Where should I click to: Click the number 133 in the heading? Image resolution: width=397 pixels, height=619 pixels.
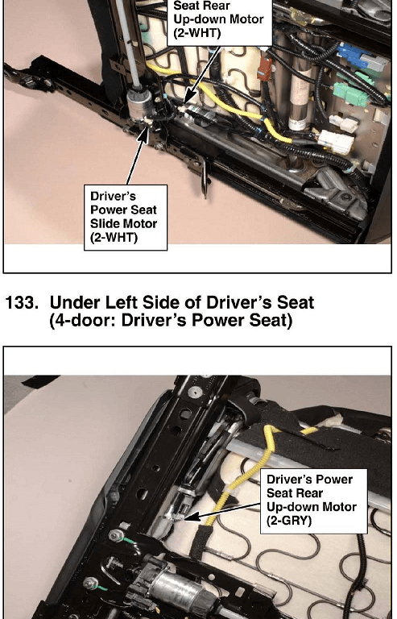click(x=23, y=303)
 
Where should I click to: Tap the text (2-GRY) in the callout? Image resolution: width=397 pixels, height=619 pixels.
click(x=289, y=521)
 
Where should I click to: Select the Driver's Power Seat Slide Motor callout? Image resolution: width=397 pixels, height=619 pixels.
click(x=126, y=218)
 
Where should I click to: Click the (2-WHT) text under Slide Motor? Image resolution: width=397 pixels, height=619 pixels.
click(x=114, y=238)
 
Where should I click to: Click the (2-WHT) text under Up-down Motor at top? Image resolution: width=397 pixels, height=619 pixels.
click(x=196, y=33)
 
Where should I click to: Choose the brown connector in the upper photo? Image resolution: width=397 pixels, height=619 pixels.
click(x=264, y=69)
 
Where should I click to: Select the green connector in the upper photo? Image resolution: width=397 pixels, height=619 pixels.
click(x=350, y=93)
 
